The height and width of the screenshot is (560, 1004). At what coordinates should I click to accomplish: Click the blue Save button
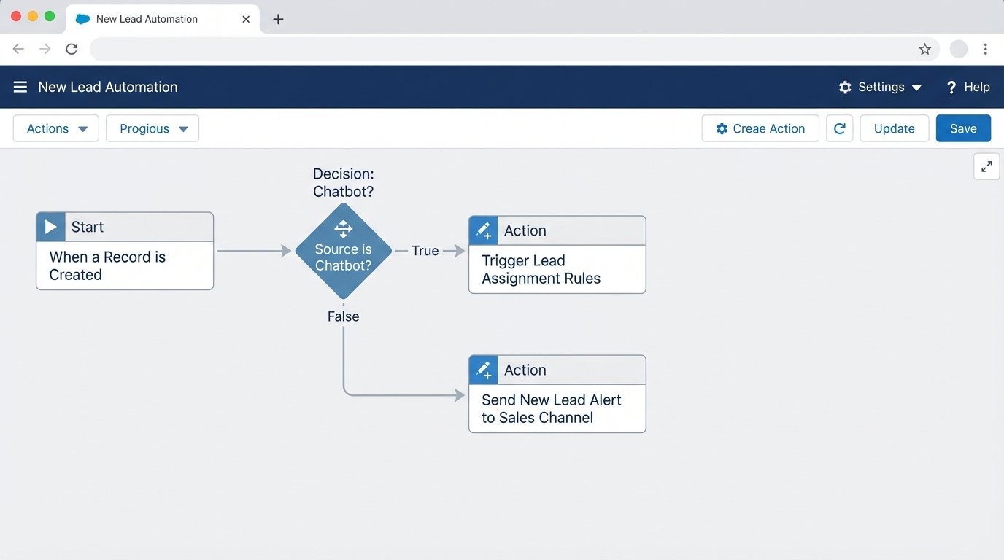(963, 128)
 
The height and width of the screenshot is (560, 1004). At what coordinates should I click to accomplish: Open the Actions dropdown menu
(56, 128)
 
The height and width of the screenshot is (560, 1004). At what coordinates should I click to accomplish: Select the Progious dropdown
(152, 128)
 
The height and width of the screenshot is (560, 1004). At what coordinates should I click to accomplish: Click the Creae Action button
(760, 128)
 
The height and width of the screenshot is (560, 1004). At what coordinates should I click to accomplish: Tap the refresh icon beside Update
(840, 128)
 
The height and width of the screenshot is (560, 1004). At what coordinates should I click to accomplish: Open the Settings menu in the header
(880, 87)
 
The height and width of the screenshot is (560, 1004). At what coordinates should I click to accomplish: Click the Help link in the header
(968, 87)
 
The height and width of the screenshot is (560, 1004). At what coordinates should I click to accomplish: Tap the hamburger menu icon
(20, 87)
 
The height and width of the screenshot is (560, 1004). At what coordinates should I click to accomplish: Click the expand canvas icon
(986, 167)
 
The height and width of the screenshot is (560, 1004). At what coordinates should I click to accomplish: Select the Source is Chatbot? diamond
(343, 251)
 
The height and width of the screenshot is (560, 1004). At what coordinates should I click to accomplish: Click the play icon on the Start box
(51, 227)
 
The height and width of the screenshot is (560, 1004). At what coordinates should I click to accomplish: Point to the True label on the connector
(425, 251)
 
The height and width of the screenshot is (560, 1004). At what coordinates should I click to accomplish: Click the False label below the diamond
(343, 316)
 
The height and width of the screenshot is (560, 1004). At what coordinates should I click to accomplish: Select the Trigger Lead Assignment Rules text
(541, 270)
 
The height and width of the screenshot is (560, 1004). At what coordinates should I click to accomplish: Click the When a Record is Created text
(107, 266)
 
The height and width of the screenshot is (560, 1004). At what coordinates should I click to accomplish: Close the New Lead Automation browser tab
(247, 19)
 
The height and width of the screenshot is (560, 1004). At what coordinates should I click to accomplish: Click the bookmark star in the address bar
(924, 50)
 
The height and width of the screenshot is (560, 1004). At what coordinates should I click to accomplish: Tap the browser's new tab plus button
(278, 19)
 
